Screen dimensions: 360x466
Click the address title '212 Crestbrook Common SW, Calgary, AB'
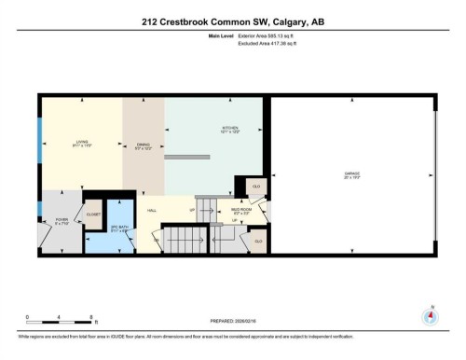tap(232, 21)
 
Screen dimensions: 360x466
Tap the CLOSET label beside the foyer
tap(93, 214)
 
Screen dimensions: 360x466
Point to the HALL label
tap(152, 212)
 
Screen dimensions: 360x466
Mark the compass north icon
tap(431, 315)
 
